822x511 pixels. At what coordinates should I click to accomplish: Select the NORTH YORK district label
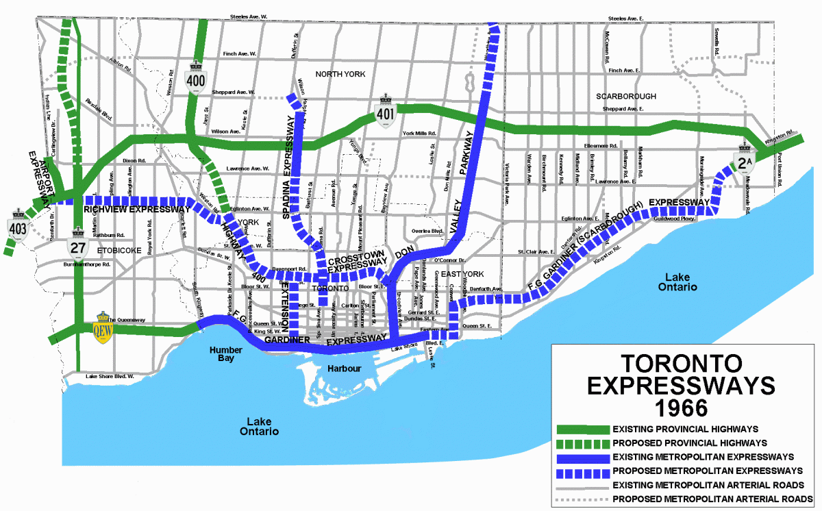(x=340, y=74)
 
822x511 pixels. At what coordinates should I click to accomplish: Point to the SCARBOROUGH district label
(x=625, y=96)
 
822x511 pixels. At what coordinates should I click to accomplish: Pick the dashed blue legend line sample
(x=582, y=471)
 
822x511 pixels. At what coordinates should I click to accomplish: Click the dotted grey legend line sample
(x=582, y=499)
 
